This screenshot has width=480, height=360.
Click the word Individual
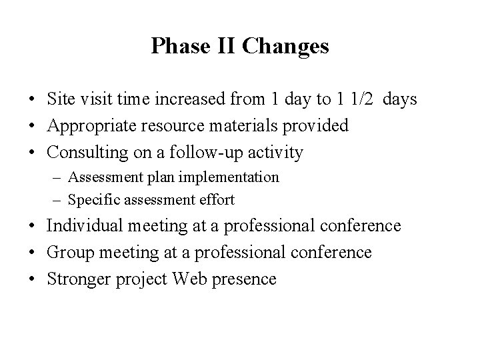pyautogui.click(x=85, y=226)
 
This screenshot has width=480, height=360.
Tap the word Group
pyautogui.click(x=68, y=253)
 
